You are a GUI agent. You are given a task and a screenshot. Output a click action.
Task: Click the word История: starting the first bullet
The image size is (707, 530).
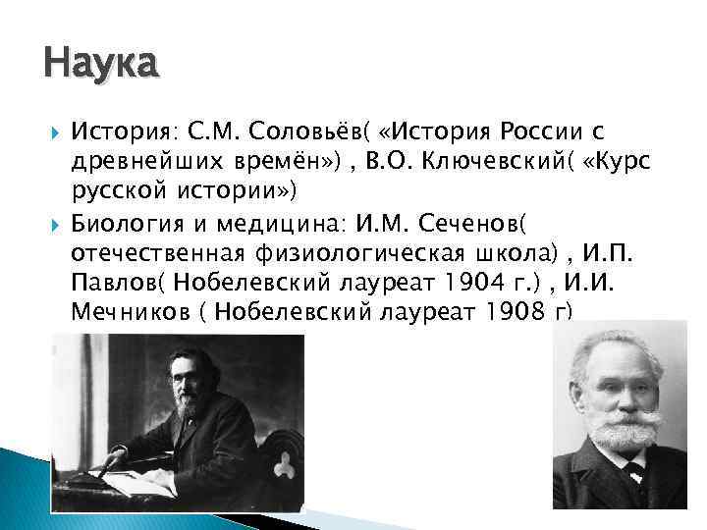123,132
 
